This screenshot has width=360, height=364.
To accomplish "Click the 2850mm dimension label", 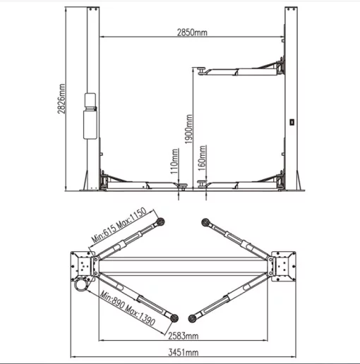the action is pos(192,32).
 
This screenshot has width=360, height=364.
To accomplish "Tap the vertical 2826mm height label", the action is pos(61,99).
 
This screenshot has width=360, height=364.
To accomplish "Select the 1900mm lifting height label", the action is pos(188,129).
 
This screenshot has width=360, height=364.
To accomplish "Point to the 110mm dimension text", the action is pos(174,162).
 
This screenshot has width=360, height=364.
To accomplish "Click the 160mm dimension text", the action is pos(202,158).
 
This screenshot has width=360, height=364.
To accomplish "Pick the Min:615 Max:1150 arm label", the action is pos(119,225).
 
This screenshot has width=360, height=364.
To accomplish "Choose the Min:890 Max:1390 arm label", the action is pos(128,308).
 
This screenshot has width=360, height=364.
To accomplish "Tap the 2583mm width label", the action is pos(184,336).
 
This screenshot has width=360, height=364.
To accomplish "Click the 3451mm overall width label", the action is pos(184,353).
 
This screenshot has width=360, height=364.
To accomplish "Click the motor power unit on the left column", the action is pos(90,116).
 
